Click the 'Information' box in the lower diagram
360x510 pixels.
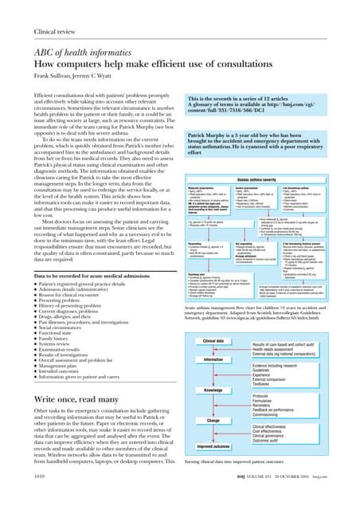pyautogui.click(x=213, y=359)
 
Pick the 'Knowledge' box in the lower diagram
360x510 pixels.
pyautogui.click(x=213, y=390)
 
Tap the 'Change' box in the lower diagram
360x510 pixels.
pyautogui.click(x=213, y=419)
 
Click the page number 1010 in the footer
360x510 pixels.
pyautogui.click(x=33, y=494)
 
